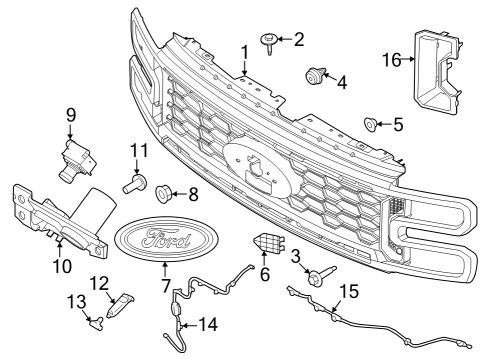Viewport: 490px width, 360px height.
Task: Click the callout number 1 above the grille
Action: click(x=244, y=51)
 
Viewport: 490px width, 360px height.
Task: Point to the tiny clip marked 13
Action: click(x=92, y=320)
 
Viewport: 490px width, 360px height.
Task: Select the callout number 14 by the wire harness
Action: click(x=208, y=323)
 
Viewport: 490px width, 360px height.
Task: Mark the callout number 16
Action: click(x=392, y=60)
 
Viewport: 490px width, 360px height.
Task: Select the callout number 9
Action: click(x=71, y=115)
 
